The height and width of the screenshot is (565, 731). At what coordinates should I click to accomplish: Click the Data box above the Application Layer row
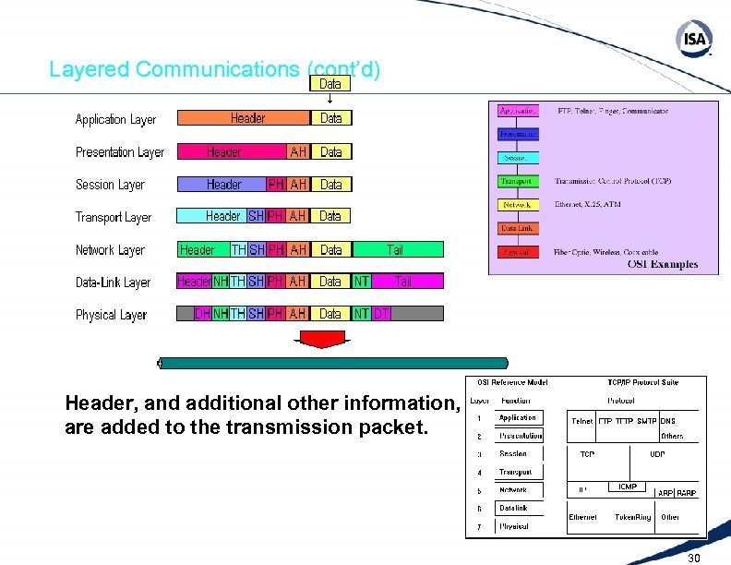(x=330, y=84)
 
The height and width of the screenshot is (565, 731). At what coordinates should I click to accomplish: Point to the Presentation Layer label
(x=119, y=152)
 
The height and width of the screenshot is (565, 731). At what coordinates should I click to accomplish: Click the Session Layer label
(x=110, y=185)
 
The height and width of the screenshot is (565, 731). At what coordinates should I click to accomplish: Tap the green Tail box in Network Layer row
(x=395, y=249)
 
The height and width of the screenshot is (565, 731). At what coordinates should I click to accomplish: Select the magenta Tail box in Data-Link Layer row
(x=403, y=282)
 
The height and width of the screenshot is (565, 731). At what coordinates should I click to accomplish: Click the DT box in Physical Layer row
(x=382, y=314)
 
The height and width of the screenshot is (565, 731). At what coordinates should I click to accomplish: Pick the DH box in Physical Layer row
(x=202, y=314)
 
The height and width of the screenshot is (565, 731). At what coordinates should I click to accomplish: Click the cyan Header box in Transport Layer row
(x=222, y=216)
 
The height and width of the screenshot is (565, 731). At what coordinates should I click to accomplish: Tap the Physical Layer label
(x=111, y=315)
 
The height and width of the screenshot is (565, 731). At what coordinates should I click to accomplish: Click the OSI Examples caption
(x=663, y=265)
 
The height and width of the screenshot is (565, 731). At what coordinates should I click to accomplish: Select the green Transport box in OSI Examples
(x=517, y=181)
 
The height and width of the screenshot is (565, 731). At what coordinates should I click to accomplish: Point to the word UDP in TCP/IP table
(x=657, y=454)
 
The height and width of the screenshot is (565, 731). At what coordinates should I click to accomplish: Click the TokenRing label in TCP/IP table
(x=633, y=517)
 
